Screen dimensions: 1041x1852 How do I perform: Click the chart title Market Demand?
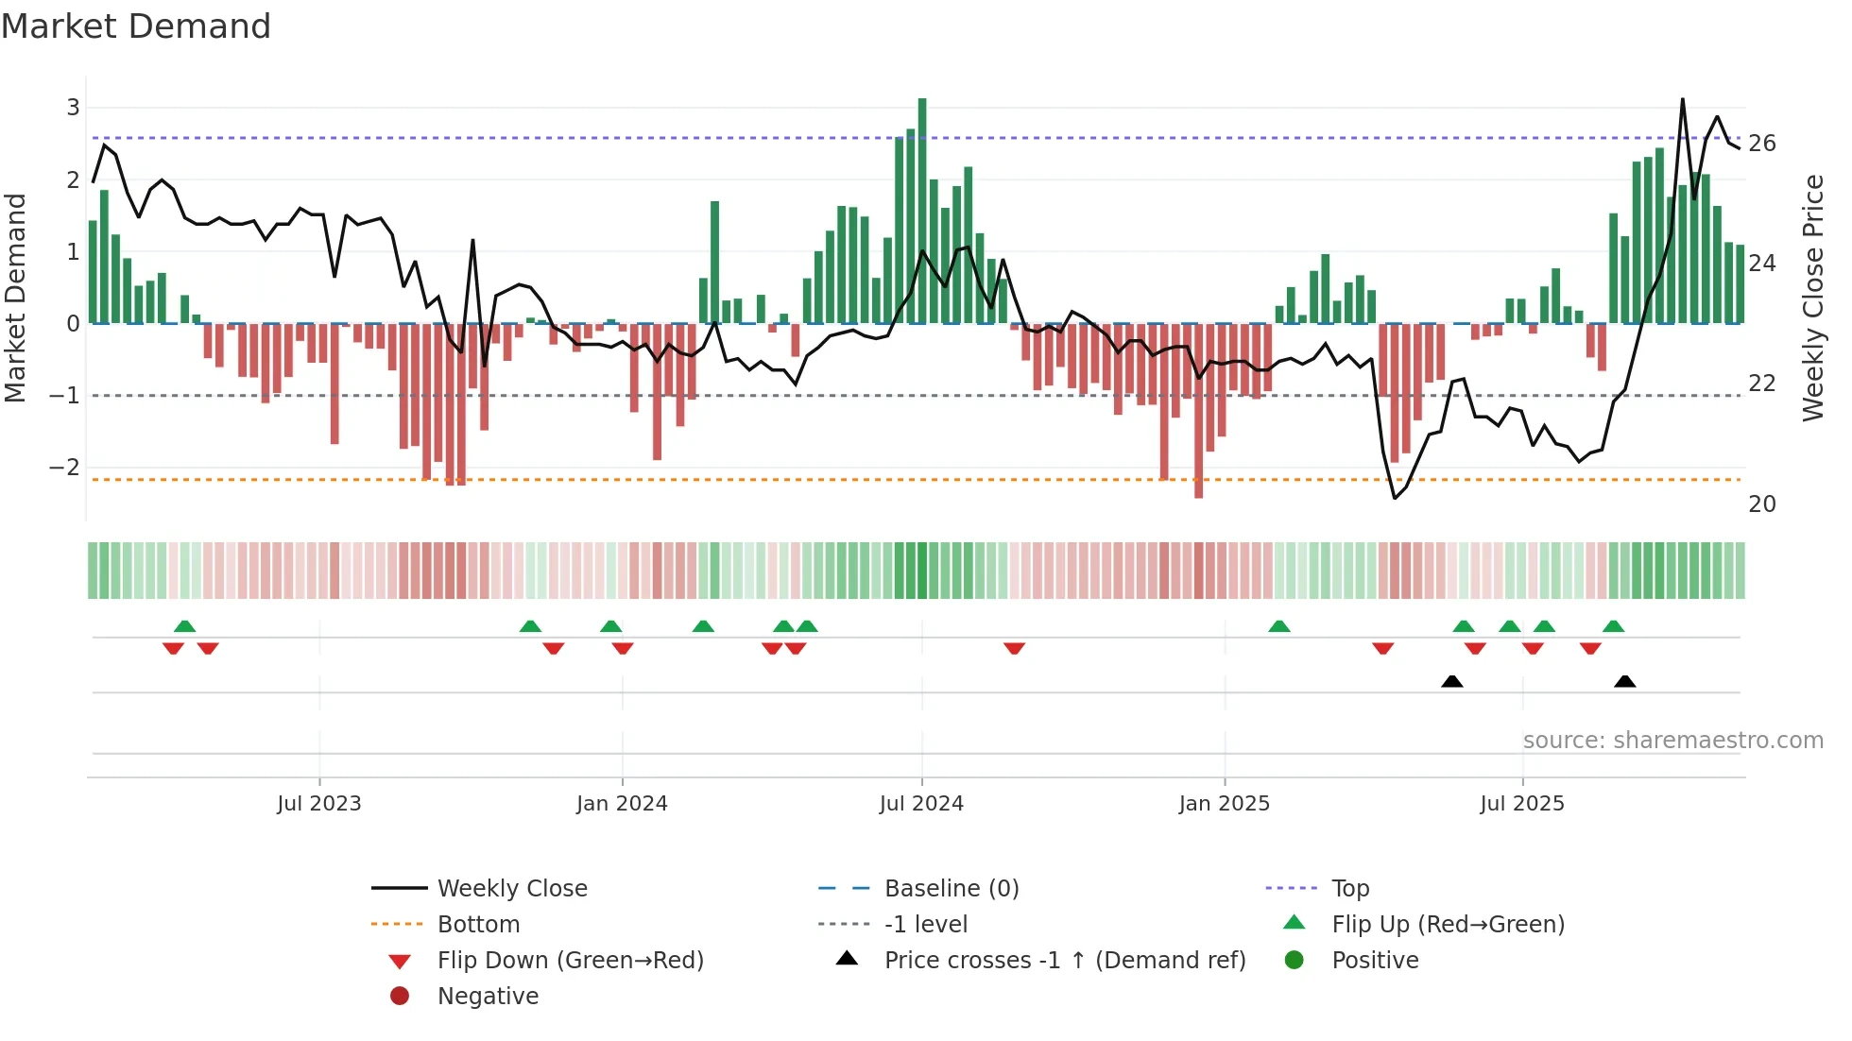[x=136, y=26]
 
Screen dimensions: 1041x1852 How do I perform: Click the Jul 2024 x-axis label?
[x=921, y=804]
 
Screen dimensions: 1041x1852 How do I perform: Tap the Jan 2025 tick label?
[x=1224, y=804]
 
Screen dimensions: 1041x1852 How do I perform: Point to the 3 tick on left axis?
[x=73, y=108]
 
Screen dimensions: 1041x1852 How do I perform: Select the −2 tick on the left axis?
[x=64, y=468]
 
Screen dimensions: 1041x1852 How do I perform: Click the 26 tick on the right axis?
[x=1761, y=144]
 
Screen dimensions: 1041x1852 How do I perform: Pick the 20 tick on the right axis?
[x=1761, y=504]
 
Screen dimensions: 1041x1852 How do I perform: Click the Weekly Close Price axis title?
[x=1812, y=298]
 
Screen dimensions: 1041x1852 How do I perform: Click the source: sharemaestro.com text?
[x=1672, y=741]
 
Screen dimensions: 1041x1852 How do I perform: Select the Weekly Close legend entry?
[x=511, y=889]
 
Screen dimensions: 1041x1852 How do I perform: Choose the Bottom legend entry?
[x=478, y=925]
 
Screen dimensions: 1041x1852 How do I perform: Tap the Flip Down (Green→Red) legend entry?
[x=570, y=961]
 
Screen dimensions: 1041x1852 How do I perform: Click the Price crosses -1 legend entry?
[x=1064, y=961]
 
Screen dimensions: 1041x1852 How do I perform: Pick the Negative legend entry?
[x=488, y=997]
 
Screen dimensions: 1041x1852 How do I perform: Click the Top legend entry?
[x=1350, y=889]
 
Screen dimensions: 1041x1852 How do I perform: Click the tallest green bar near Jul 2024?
[x=922, y=208]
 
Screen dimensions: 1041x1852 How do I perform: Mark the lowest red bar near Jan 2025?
[x=1198, y=411]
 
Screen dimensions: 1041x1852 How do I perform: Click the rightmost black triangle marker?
[x=1624, y=681]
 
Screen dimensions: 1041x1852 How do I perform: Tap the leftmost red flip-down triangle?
[x=173, y=648]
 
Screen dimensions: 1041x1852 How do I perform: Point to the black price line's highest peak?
[x=1683, y=99]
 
